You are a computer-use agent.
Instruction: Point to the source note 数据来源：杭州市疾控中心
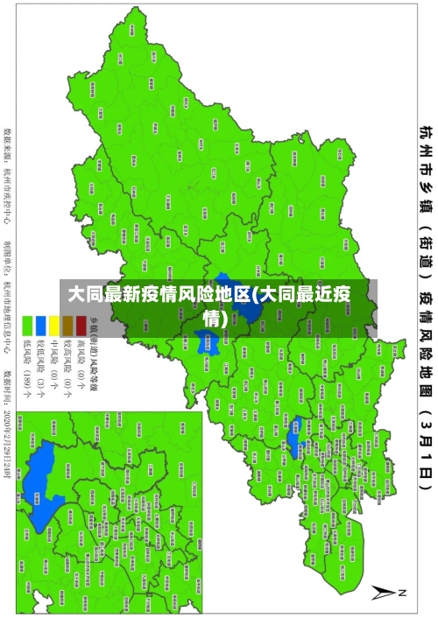tap(7, 166)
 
